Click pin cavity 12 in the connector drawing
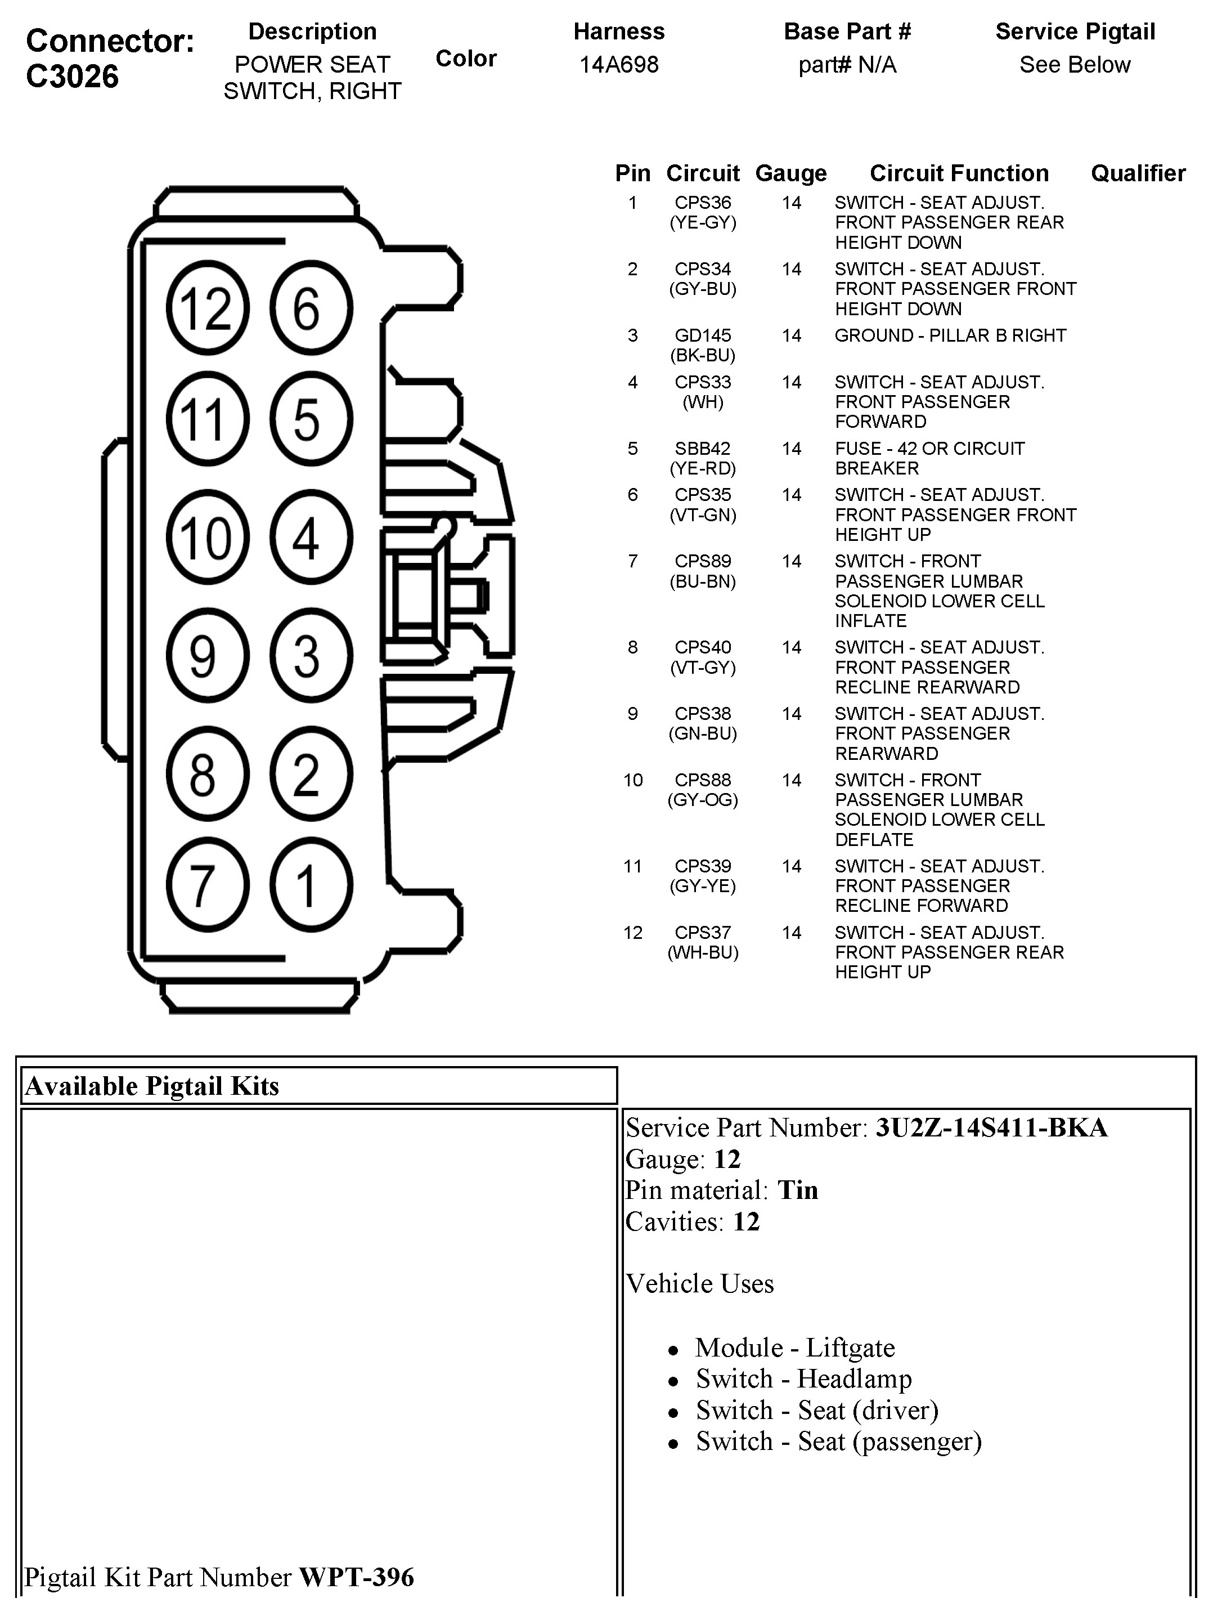coord(207,308)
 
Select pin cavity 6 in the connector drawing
coord(311,308)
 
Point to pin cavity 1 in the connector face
coord(311,885)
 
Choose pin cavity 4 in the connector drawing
coord(311,538)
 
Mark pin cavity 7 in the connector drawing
coord(207,885)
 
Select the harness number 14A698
coord(619,65)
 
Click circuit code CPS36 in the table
coord(702,203)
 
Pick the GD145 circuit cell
coord(702,335)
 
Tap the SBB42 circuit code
coord(702,448)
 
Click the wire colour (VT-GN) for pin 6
coord(702,515)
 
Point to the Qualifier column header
coord(1138,173)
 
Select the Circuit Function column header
coord(959,173)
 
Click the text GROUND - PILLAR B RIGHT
coord(950,335)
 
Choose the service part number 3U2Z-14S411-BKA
coord(991,1127)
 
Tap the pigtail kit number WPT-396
coord(357,1577)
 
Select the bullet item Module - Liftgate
coord(794,1348)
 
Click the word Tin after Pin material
coord(798,1190)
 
